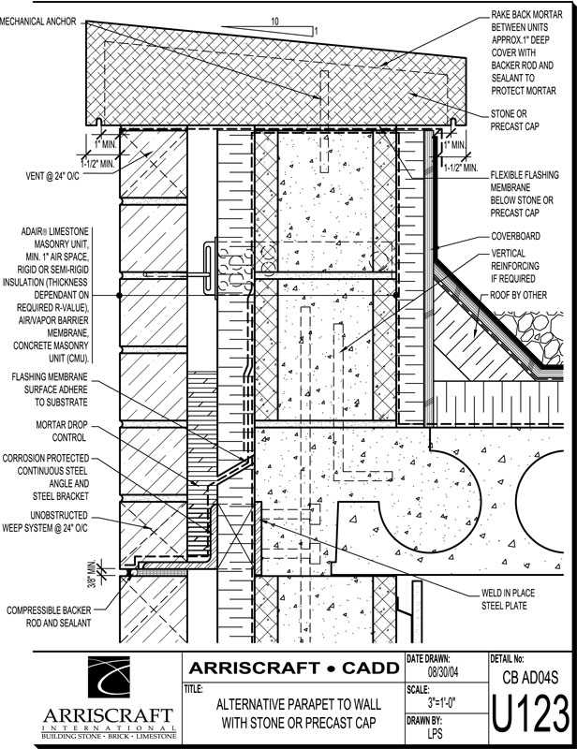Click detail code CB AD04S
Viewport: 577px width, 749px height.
pos(530,676)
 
